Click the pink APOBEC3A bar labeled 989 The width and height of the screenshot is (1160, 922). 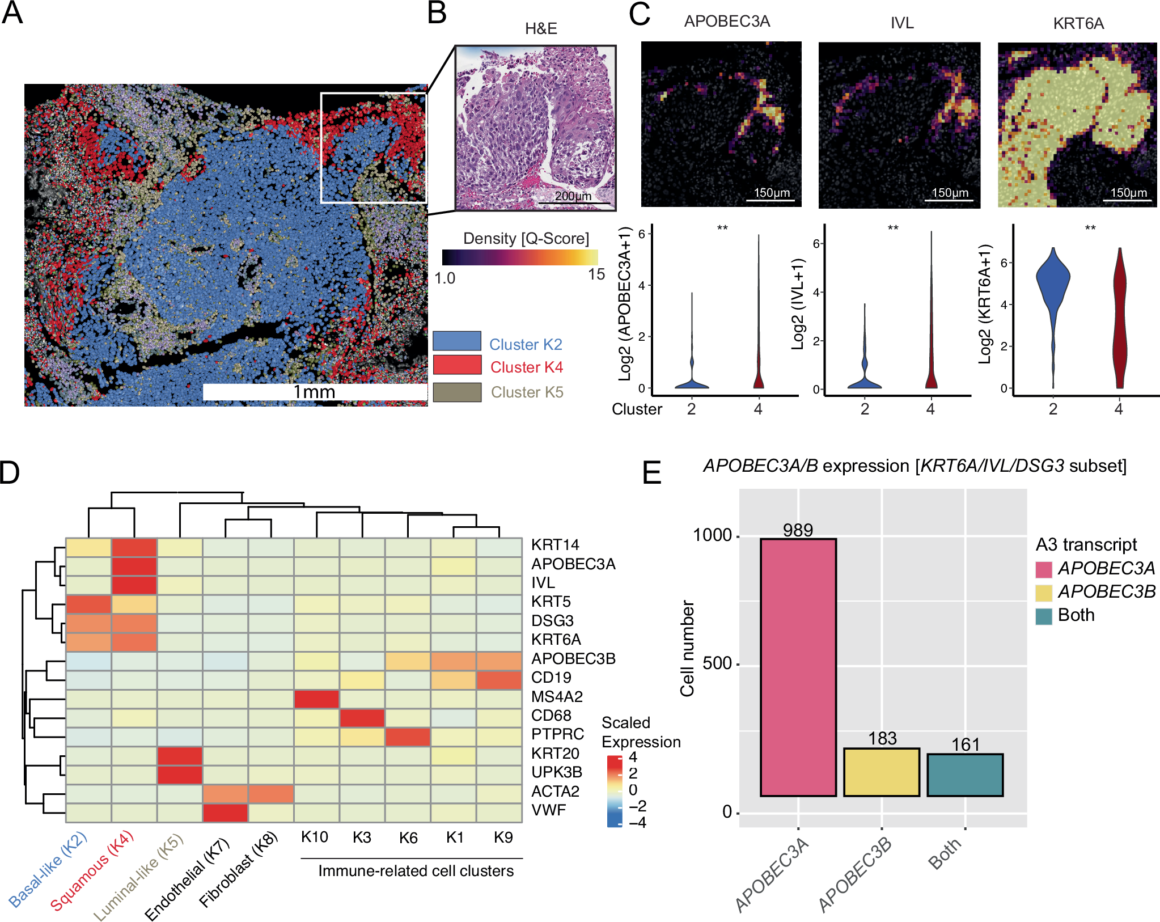click(x=798, y=667)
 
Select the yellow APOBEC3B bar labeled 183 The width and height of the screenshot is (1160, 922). click(x=881, y=772)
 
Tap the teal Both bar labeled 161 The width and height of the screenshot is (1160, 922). click(x=965, y=775)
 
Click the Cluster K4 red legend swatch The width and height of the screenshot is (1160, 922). click(x=457, y=365)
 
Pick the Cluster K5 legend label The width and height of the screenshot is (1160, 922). click(x=527, y=392)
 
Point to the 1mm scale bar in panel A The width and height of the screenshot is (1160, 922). click(x=315, y=392)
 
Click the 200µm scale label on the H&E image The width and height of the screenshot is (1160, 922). click(x=573, y=196)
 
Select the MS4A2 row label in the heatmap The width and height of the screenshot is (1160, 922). click(x=557, y=696)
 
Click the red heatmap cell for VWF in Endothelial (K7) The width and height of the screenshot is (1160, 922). click(x=225, y=813)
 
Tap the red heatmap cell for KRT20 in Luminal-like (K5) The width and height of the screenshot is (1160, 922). click(x=180, y=756)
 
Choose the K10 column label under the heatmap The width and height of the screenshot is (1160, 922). click(x=315, y=837)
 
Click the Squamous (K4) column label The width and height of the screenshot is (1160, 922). click(x=92, y=870)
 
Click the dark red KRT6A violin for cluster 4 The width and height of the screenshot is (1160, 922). click(x=1119, y=318)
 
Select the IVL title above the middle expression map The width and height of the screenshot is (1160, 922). click(x=901, y=23)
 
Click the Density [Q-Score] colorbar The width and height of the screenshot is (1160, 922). click(x=520, y=257)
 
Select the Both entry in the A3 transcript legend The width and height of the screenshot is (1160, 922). click(x=1076, y=615)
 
